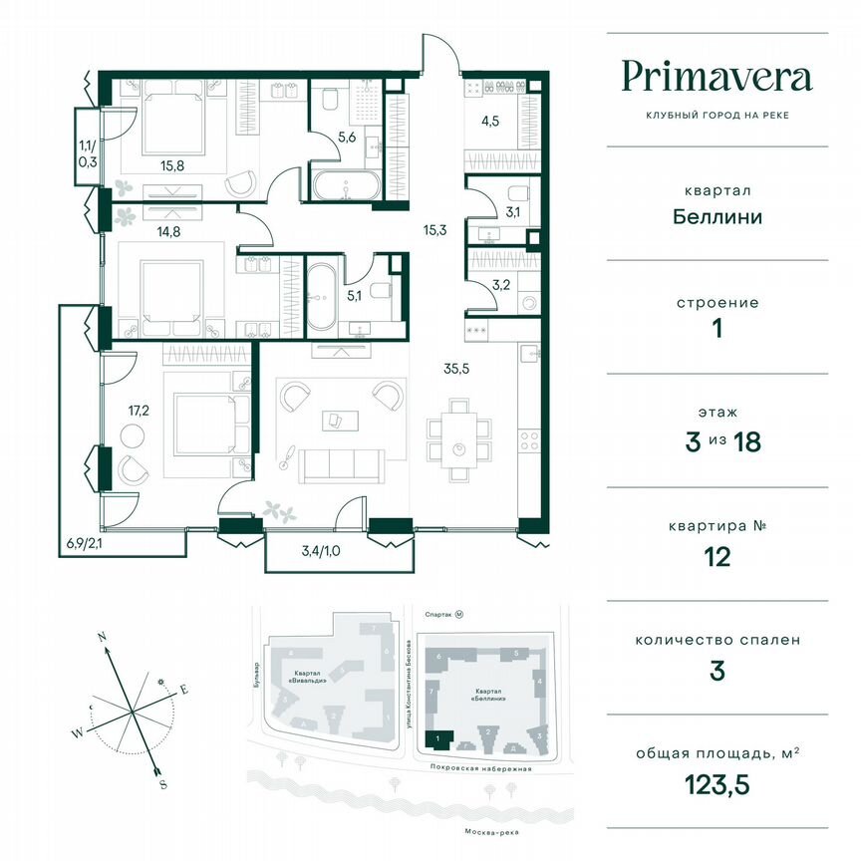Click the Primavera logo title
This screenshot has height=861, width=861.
(x=717, y=77)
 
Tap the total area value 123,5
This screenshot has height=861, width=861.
(x=717, y=785)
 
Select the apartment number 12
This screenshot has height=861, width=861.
(x=717, y=556)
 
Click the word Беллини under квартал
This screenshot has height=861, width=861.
(x=717, y=216)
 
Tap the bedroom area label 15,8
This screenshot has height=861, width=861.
(x=172, y=165)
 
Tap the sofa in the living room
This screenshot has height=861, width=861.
(x=342, y=463)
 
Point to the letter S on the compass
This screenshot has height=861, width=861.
(x=162, y=784)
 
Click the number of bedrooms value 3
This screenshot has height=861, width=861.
(x=717, y=671)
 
